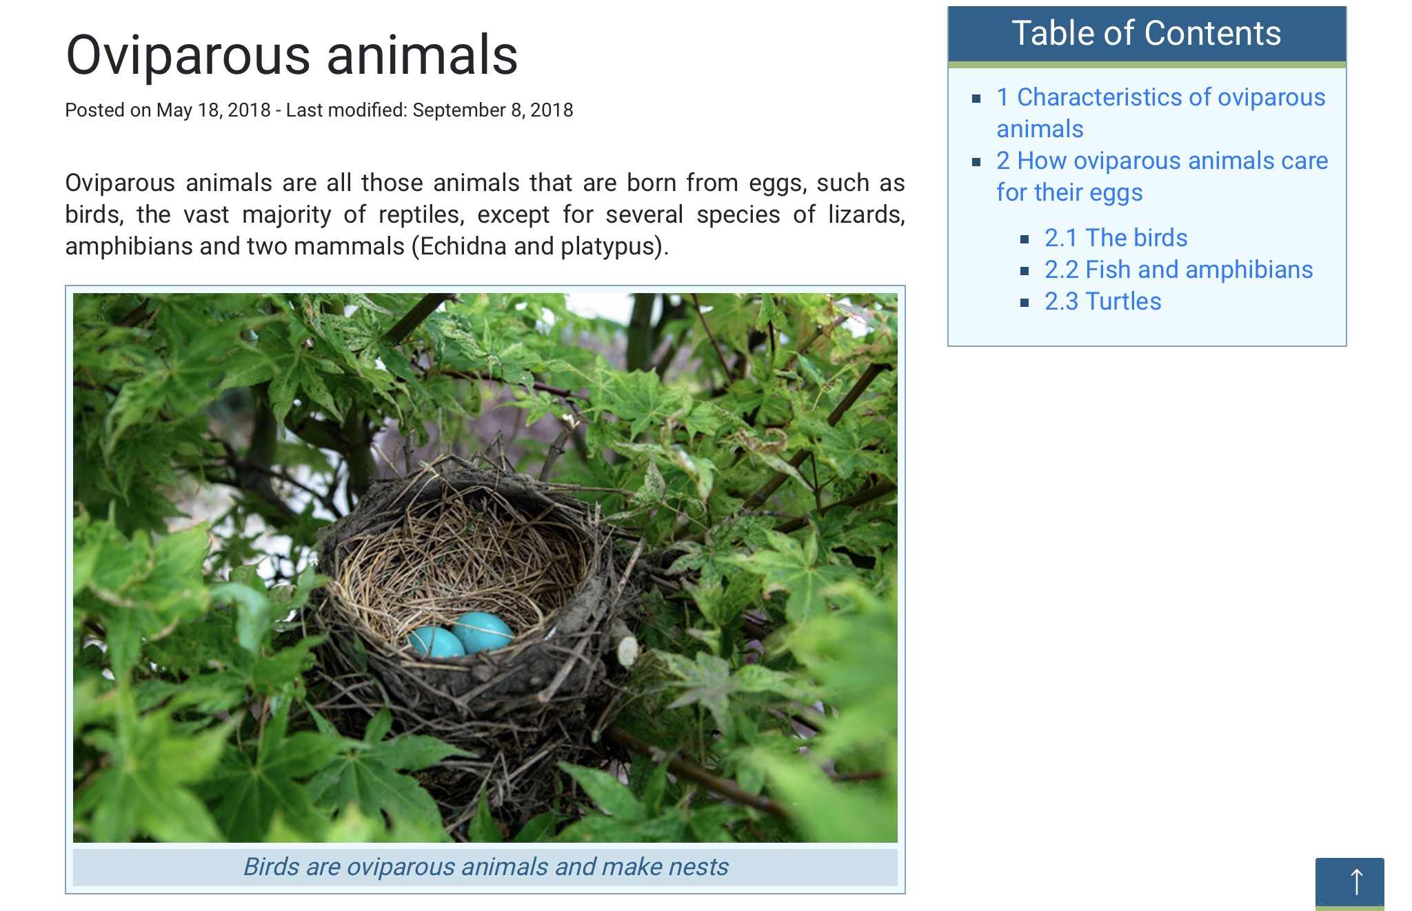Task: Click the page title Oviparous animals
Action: coord(292,56)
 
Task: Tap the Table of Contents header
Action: coord(1147,33)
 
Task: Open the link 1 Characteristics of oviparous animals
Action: coord(1161,113)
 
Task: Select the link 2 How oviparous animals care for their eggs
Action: coord(1162,177)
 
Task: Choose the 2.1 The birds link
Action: coord(1116,238)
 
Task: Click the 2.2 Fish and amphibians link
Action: coord(1179,270)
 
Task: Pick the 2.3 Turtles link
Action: coord(1103,301)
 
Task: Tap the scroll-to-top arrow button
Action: coord(1349,883)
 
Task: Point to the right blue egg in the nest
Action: coord(483,632)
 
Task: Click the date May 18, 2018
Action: coord(214,110)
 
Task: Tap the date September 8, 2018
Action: coord(493,110)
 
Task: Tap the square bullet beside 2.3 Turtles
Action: coord(1025,303)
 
